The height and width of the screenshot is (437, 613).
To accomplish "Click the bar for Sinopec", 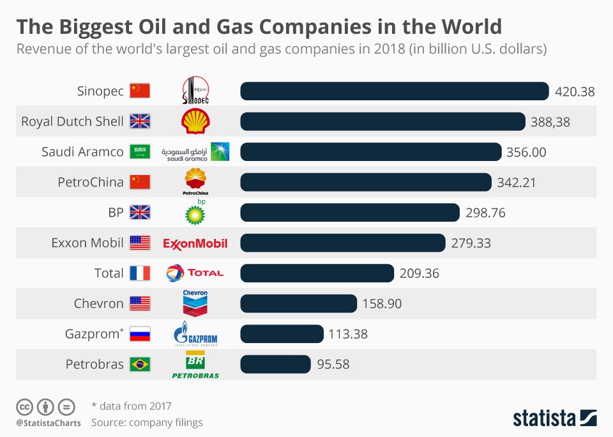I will coord(394,91).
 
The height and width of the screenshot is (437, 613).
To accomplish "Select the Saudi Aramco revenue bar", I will coord(370,152).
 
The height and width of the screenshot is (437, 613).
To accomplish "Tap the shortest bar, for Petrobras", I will coord(275,364).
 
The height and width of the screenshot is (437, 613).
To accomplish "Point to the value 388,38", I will coord(550,121).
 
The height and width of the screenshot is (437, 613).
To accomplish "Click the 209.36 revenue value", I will coord(420,273).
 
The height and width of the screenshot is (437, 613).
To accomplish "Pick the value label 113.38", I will coord(349,334).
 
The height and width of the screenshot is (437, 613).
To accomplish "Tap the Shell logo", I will coord(195,121).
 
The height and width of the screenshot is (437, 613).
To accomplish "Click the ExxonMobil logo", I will coord(195,243).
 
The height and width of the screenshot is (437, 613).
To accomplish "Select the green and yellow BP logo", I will coord(195,213).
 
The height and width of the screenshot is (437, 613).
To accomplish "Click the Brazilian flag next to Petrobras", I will coord(140,364).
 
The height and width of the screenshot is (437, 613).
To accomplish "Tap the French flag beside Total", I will coord(140,273).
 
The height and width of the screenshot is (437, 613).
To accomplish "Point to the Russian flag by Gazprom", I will coord(140,334).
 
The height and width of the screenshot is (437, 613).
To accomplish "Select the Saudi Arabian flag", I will coord(140,152).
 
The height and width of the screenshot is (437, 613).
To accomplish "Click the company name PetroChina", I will coord(91,182).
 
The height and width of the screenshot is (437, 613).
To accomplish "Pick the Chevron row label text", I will coord(98,303).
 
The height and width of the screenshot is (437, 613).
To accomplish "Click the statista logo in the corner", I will coord(554,418).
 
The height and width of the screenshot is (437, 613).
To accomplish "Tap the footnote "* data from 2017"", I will coord(131,406).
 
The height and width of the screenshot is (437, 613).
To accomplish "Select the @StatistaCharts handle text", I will coord(49,422).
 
